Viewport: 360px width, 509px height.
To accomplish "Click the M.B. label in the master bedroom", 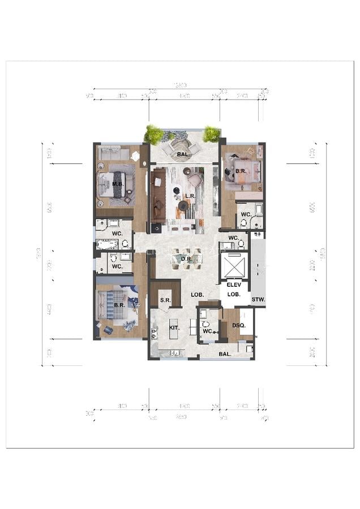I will pos(118,184).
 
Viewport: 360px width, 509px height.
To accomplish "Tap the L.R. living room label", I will pos(190,196).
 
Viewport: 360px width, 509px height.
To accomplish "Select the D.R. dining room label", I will pos(187,259).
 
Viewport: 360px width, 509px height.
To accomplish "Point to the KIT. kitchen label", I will pos(175,327).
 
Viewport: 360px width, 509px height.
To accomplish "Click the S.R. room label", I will pos(165,300).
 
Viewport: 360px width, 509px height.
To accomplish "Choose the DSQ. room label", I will pos(238,325).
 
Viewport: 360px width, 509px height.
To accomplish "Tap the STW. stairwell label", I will pos(258,299).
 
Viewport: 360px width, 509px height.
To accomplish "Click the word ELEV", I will pos(234,286).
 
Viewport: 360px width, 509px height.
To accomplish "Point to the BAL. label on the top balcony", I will pos(183,153).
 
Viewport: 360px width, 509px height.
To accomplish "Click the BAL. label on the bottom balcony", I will pos(225,354).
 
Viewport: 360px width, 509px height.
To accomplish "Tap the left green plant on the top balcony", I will pos(153,135).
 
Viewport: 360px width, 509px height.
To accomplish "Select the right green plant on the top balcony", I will pos(211,134).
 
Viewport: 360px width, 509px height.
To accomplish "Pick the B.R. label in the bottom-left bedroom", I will pos(119,305).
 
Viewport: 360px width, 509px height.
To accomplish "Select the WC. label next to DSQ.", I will pos(207,331).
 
